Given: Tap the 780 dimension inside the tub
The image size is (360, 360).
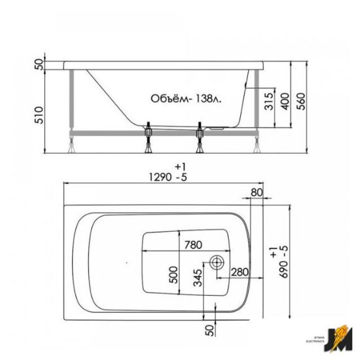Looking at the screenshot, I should point(192,245).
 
